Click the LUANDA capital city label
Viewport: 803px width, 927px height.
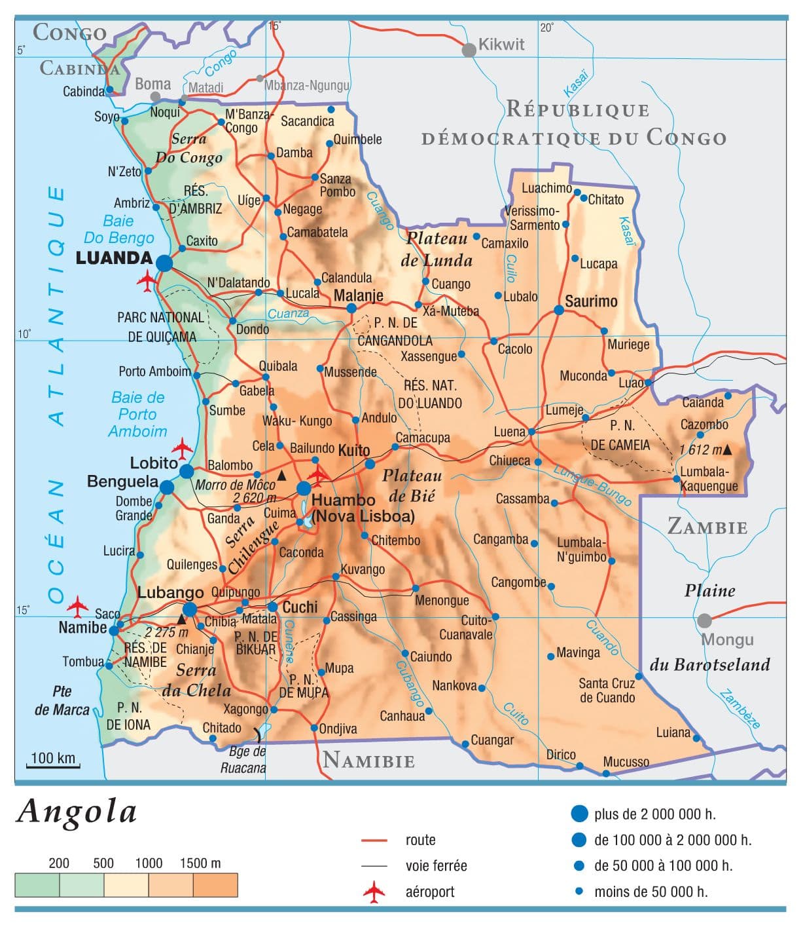pyautogui.click(x=114, y=257)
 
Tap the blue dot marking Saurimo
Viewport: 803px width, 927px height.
pyautogui.click(x=559, y=310)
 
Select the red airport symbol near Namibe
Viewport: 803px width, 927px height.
pyautogui.click(x=77, y=606)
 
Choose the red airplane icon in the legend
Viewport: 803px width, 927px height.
pyautogui.click(x=374, y=892)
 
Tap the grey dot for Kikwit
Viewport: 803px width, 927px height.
pyautogui.click(x=469, y=50)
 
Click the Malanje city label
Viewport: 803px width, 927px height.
pyautogui.click(x=358, y=295)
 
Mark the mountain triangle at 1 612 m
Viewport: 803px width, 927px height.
pyautogui.click(x=726, y=450)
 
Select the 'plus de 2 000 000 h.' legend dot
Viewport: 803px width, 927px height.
pyautogui.click(x=579, y=814)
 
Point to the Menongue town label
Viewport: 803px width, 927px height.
pyautogui.click(x=442, y=600)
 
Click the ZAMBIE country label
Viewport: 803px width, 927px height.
pyautogui.click(x=707, y=527)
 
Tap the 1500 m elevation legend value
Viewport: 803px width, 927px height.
pyautogui.click(x=200, y=863)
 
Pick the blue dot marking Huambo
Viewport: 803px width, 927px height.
pyautogui.click(x=304, y=488)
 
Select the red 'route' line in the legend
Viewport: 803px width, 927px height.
pyautogui.click(x=374, y=840)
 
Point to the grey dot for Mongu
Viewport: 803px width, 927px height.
pyautogui.click(x=704, y=620)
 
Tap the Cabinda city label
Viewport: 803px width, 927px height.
pyautogui.click(x=83, y=91)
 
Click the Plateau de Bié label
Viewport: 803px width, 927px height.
pyautogui.click(x=412, y=485)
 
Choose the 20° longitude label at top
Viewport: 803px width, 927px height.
pyautogui.click(x=546, y=28)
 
